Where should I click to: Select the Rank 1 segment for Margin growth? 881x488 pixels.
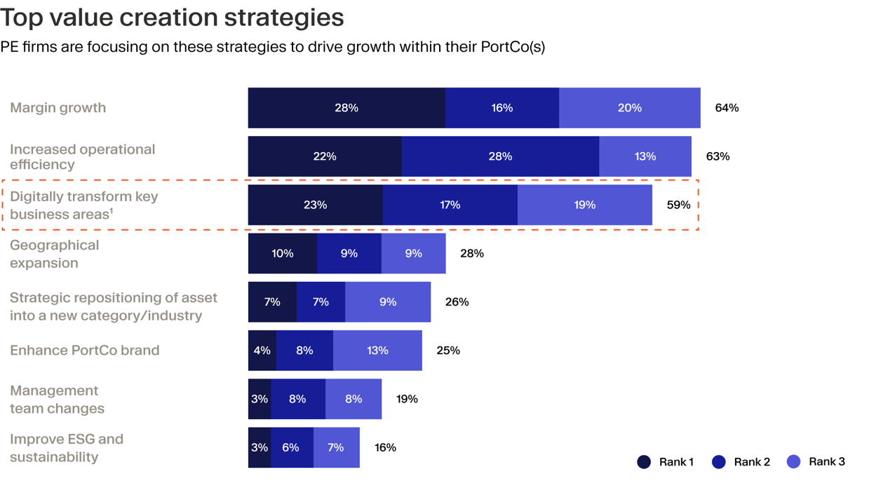(x=347, y=108)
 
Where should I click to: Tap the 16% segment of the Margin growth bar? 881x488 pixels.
(x=502, y=108)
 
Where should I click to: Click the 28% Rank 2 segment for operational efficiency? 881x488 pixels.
(x=500, y=156)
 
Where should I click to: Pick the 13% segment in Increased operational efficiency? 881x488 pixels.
(x=645, y=156)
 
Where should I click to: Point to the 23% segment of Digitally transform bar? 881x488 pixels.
(x=315, y=205)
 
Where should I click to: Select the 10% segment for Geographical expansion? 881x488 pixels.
(x=282, y=253)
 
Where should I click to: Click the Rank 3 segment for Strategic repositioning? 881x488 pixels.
(x=388, y=301)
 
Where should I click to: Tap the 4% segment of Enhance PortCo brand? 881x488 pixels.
(x=262, y=350)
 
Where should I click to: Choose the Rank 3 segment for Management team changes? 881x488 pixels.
(x=354, y=399)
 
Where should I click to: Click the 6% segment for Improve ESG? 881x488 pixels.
(x=291, y=447)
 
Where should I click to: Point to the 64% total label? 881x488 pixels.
(x=727, y=108)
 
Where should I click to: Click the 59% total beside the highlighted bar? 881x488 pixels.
(x=678, y=205)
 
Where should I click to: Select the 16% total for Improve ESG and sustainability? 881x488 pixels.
(x=385, y=447)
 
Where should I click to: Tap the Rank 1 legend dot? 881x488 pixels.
(x=644, y=461)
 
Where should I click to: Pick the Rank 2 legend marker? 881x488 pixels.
(x=719, y=461)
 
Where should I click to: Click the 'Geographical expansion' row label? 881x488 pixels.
(x=55, y=254)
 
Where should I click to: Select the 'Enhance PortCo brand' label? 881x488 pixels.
(x=85, y=350)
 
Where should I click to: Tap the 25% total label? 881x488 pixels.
(x=448, y=350)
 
